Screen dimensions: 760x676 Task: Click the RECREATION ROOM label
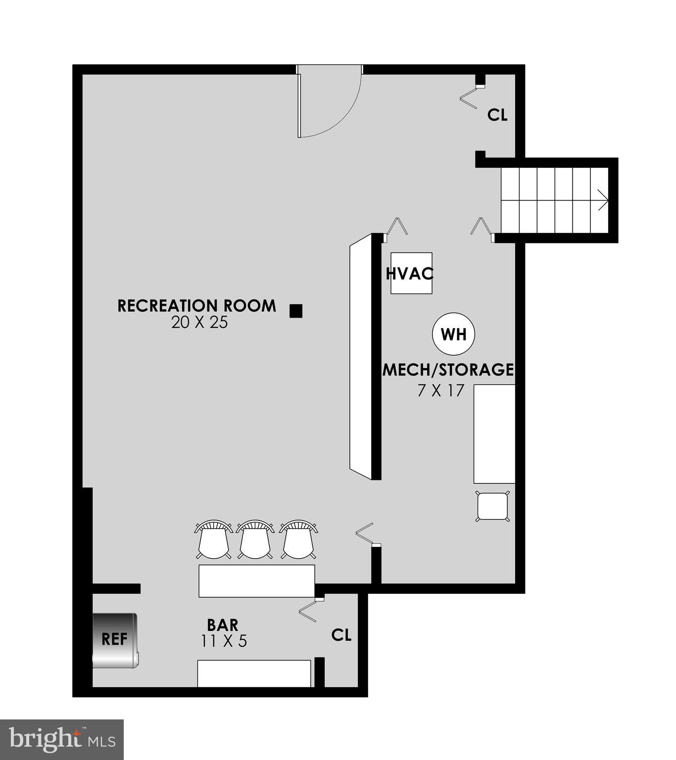point(196,306)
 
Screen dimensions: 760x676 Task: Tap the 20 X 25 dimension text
point(199,323)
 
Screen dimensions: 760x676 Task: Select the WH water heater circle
point(453,334)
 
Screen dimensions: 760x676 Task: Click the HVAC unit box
point(411,273)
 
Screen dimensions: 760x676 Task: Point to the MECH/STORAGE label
point(448,370)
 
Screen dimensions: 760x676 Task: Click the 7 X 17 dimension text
point(441,391)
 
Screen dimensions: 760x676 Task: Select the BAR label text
point(222,624)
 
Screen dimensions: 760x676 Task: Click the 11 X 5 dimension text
point(224,641)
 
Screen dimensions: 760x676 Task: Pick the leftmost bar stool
point(213,540)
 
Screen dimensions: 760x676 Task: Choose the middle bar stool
point(255,540)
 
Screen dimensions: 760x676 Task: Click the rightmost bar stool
point(298,540)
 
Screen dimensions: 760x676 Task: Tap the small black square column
point(296,311)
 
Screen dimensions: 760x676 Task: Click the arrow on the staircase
point(602,200)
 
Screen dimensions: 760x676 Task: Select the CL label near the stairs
point(497,115)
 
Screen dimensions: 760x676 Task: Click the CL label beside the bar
point(341,635)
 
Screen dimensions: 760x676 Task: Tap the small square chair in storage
point(492,506)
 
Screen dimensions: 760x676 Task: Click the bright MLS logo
point(62,739)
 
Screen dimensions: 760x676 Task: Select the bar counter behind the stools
point(256,580)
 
